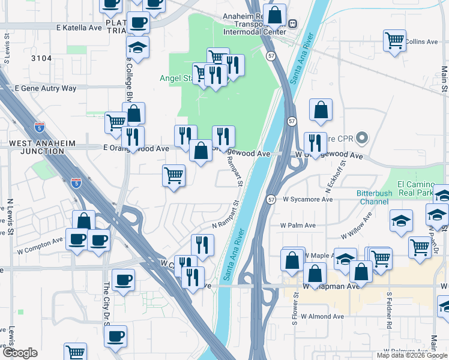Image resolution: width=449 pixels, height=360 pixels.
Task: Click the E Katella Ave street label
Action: [79, 28]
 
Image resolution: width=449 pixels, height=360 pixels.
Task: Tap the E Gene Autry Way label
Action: [46, 88]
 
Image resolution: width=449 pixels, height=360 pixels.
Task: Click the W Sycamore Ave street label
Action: [307, 199]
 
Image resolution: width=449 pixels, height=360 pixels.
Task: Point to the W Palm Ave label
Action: [298, 226]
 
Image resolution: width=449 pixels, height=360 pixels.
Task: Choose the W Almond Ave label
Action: [322, 316]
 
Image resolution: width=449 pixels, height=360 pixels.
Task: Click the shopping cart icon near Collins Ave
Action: [394, 41]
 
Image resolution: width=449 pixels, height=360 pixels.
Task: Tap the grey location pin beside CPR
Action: [361, 139]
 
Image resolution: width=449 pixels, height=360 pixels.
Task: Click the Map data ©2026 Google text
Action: [412, 355]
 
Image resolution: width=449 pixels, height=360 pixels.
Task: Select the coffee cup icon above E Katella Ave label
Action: [138, 23]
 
